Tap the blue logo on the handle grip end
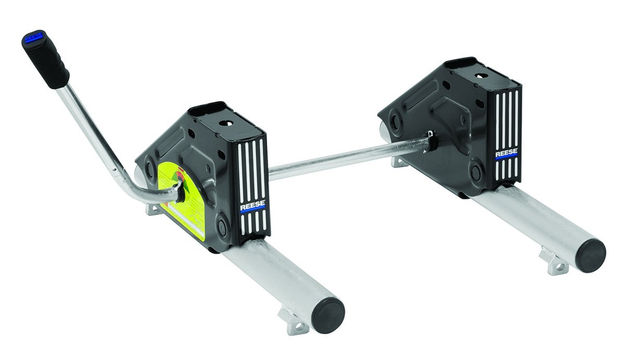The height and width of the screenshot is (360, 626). coord(32,37)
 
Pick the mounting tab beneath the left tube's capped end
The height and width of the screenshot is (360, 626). coord(293,320)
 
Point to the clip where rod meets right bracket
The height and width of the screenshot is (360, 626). coord(430,141)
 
